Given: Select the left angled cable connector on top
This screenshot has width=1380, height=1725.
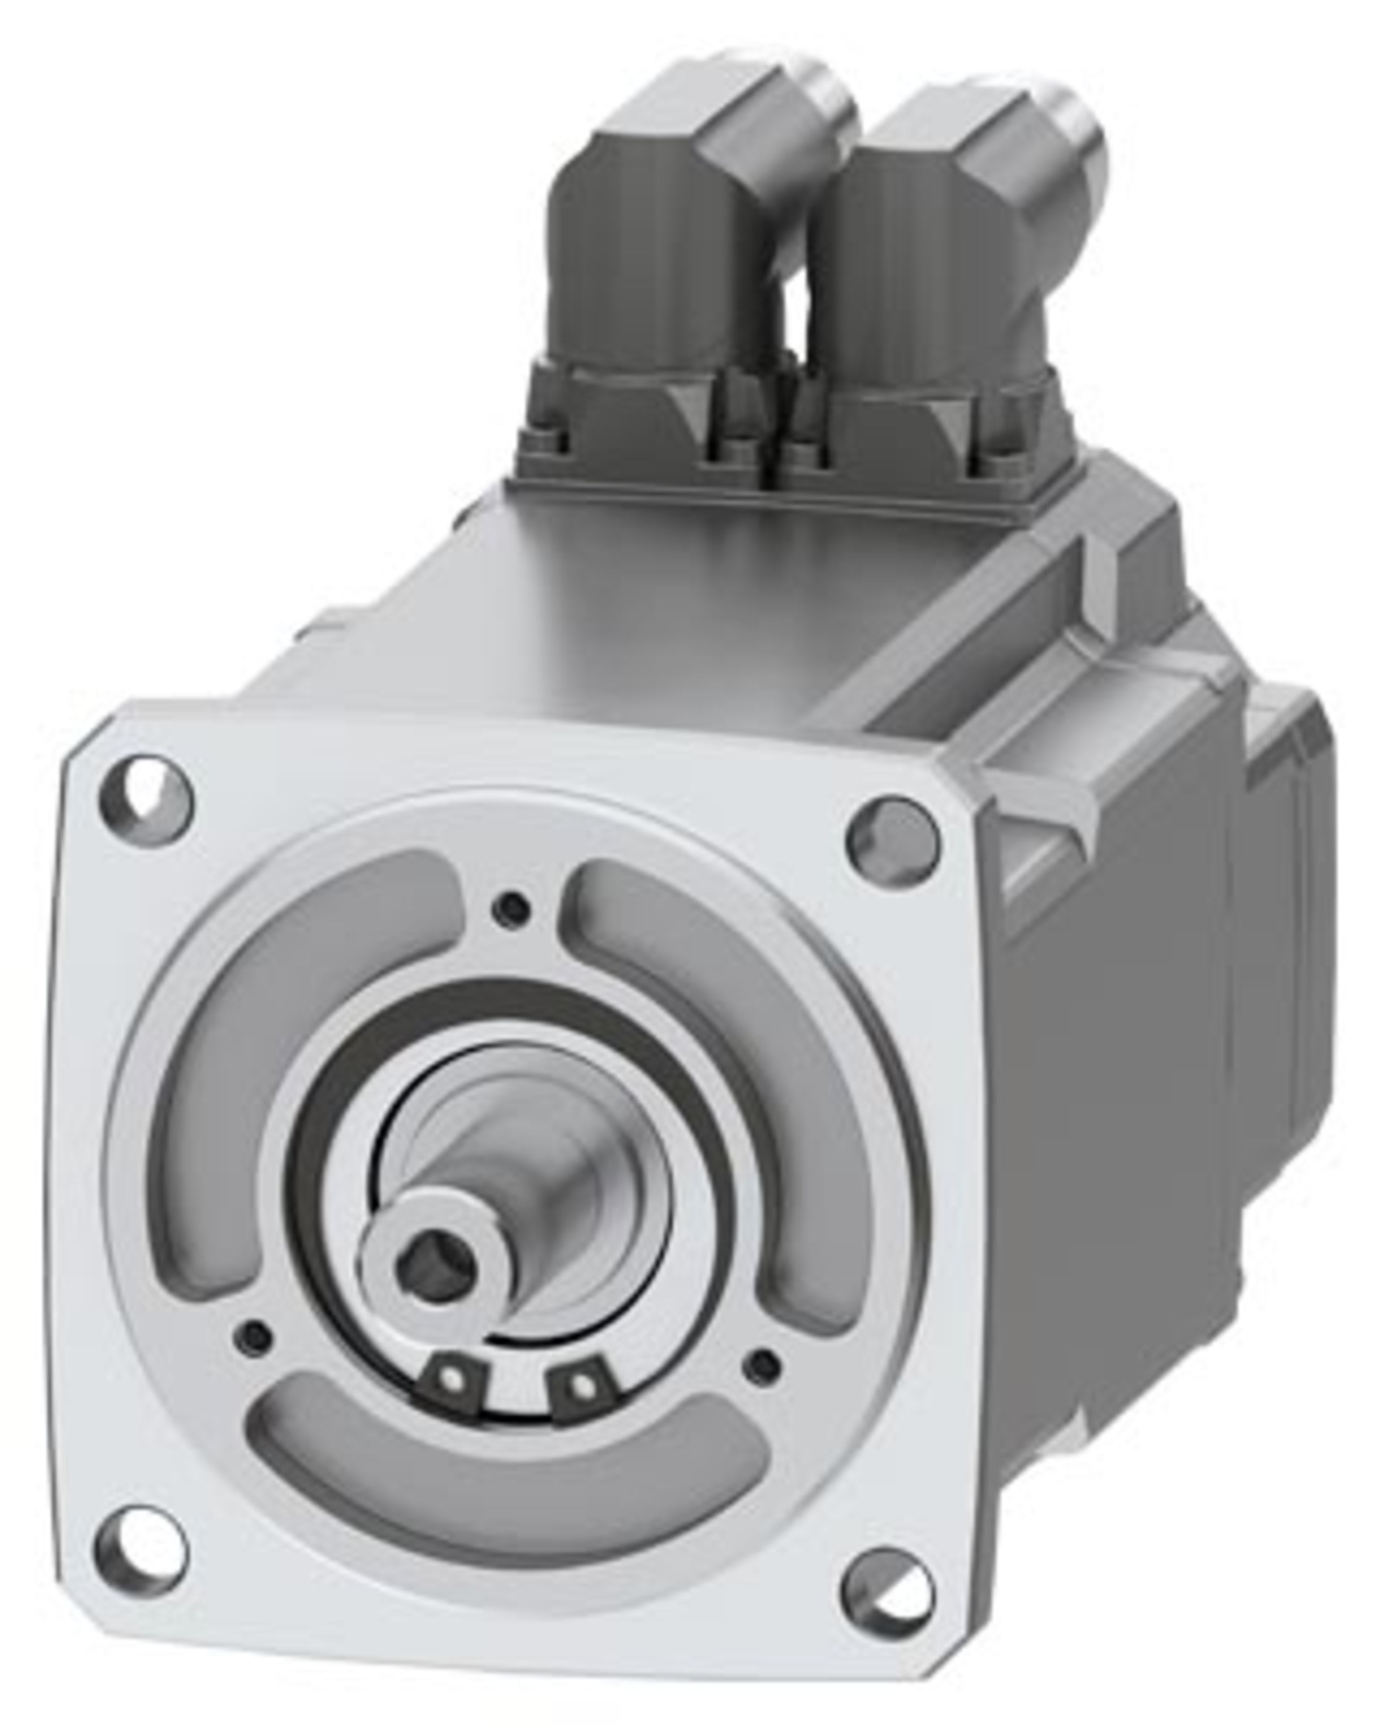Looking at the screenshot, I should pyautogui.click(x=672, y=264).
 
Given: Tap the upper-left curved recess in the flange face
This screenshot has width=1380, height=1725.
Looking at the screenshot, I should pyautogui.click(x=264, y=1032).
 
